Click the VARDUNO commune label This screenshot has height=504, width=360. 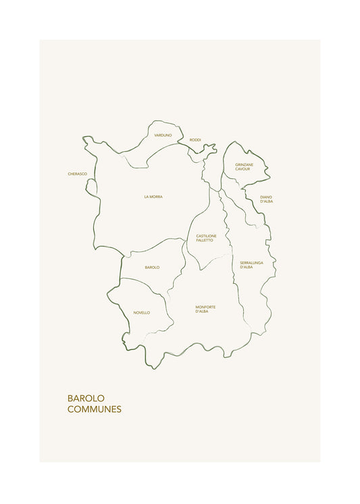(x=163, y=135)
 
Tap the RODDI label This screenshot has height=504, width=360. (x=195, y=140)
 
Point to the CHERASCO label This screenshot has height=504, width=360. (x=78, y=174)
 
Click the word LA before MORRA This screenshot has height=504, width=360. (x=146, y=197)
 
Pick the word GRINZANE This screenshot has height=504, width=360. (x=244, y=164)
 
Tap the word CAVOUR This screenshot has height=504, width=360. (x=242, y=169)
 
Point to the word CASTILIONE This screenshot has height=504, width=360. (x=206, y=236)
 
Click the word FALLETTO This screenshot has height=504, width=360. (x=205, y=241)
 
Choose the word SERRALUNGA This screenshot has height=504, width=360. (x=251, y=262)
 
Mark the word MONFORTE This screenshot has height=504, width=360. (x=205, y=307)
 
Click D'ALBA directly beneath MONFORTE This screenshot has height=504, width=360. (x=202, y=311)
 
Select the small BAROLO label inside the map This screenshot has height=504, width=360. (x=152, y=268)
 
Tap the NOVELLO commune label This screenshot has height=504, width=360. (x=142, y=313)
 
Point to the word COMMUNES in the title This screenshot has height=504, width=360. (x=95, y=409)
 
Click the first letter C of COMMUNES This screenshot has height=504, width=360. (x=71, y=409)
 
